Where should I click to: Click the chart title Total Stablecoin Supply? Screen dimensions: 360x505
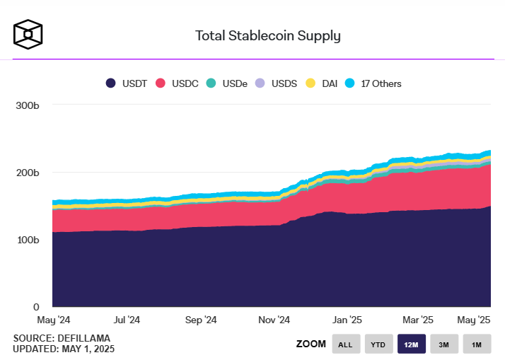click(x=267, y=35)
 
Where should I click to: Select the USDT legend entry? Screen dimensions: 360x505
click(x=127, y=83)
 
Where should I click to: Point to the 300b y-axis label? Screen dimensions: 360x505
click(x=27, y=105)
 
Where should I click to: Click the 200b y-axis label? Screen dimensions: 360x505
click(x=27, y=173)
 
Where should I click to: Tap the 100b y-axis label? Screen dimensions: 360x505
click(x=27, y=240)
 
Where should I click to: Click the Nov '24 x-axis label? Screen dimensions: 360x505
click(x=274, y=320)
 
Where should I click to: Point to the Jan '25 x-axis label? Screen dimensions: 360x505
click(x=347, y=320)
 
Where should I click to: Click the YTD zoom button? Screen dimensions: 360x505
click(x=378, y=344)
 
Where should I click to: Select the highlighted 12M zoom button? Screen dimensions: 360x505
click(x=412, y=344)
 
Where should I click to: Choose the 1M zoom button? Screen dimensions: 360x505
click(x=477, y=344)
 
